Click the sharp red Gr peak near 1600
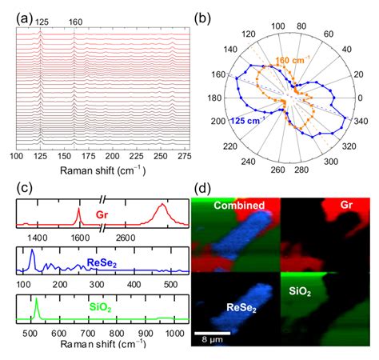[78, 210]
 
